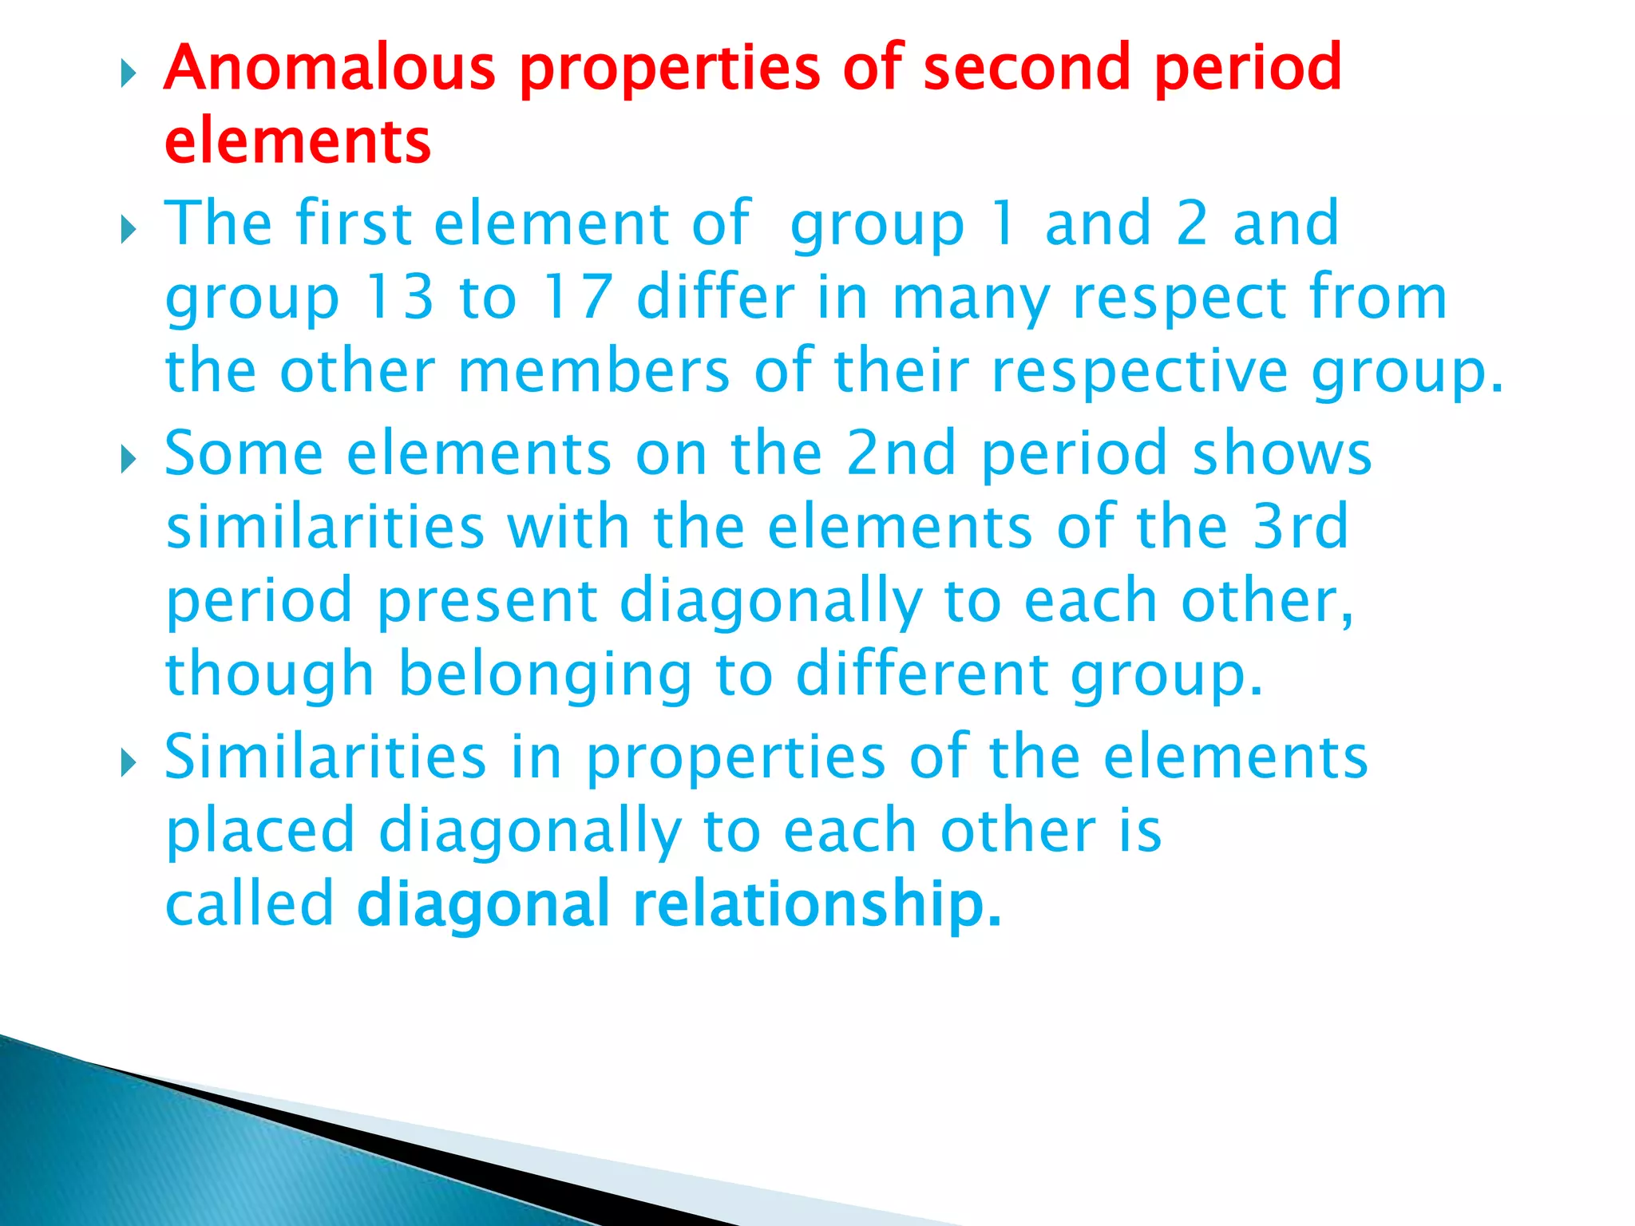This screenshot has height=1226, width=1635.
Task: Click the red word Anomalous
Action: point(330,68)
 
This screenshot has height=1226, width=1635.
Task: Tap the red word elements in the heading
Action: point(298,142)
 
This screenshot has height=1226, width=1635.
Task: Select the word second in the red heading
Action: point(1027,68)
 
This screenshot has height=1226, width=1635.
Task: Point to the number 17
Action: point(576,298)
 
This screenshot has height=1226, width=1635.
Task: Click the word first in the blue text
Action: point(354,223)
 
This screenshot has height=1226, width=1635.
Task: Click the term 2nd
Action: point(901,453)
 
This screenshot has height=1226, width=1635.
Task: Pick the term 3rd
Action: point(1300,527)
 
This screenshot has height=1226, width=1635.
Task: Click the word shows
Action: point(1281,453)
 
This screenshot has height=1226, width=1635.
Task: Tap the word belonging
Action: point(544,675)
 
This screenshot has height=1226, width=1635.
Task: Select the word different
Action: point(922,675)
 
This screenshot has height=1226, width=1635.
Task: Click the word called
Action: point(249,904)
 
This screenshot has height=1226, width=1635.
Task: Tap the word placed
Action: point(260,830)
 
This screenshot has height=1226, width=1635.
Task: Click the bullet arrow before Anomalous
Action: point(129,75)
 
